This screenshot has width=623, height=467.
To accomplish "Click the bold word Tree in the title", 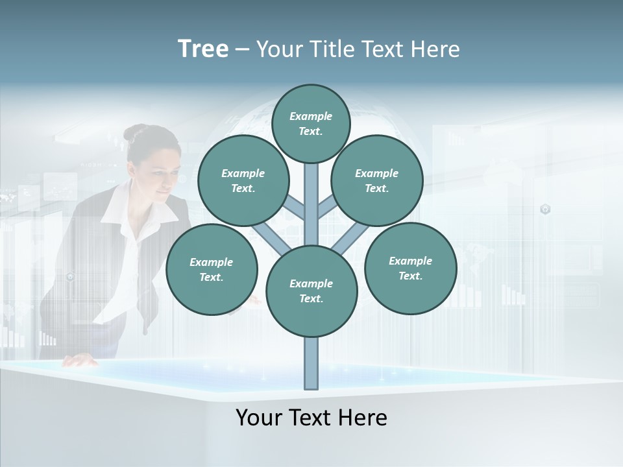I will [x=203, y=49].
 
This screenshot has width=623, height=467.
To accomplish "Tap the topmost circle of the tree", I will [x=311, y=123].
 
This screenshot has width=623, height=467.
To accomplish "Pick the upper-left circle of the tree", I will [x=243, y=180].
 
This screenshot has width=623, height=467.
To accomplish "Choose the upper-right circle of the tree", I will [x=377, y=180].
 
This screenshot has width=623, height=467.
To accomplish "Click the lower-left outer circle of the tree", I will [x=212, y=269].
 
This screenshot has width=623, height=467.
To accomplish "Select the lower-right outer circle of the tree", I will [x=410, y=268].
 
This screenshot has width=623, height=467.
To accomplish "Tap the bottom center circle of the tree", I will [x=311, y=291].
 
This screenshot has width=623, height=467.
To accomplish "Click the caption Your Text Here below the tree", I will [x=311, y=418].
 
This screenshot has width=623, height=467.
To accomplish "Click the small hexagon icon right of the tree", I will [x=545, y=209].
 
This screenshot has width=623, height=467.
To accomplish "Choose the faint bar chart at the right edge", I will [x=513, y=296].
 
